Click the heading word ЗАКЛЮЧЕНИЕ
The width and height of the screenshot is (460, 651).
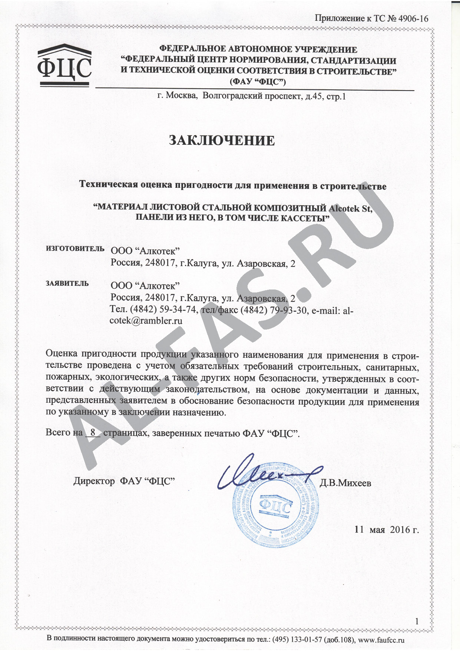click(x=222, y=141)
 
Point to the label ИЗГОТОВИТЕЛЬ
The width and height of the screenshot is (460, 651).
click(x=75, y=249)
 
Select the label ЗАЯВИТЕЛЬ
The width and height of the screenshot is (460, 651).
click(x=67, y=284)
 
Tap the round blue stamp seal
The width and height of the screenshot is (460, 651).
click(x=275, y=507)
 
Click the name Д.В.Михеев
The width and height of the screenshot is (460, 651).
click(x=345, y=483)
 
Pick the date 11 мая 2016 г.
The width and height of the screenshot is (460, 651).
click(x=387, y=529)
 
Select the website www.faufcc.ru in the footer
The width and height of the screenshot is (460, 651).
click(x=381, y=640)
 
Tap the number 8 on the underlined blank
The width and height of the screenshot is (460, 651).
click(x=93, y=432)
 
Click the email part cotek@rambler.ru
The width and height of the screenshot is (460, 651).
click(x=146, y=321)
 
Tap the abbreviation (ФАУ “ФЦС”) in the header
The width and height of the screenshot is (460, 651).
click(x=258, y=81)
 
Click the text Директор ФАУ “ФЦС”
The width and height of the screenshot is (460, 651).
click(x=124, y=481)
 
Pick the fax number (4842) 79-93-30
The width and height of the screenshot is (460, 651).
click(x=274, y=310)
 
